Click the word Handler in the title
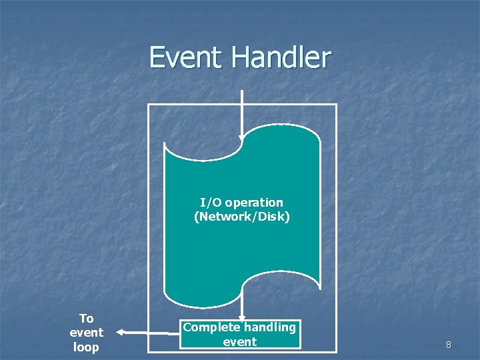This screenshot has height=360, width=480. tap(281, 57)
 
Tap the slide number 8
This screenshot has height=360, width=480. tap(449, 345)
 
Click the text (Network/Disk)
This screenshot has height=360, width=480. tap(242, 217)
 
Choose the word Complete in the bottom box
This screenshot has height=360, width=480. tap(211, 327)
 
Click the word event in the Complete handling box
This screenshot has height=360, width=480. tap(239, 342)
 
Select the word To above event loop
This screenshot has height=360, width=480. tap(86, 318)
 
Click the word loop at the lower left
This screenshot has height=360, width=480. tap(86, 347)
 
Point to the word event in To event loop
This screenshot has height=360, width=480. tap(86, 333)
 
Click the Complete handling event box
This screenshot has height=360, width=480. tap(240, 334)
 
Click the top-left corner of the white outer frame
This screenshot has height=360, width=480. tap(148, 105)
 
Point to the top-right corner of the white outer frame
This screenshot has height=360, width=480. tap(336, 105)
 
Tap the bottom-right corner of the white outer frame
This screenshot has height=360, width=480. tap(336, 351)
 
